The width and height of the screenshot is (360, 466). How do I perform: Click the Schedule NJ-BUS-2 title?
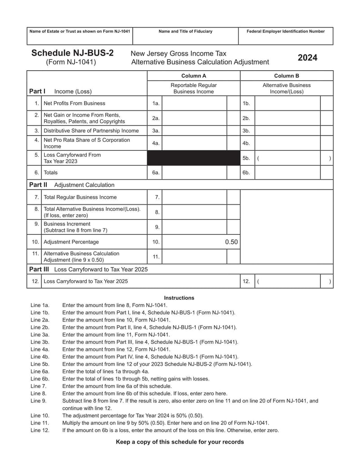[72, 53]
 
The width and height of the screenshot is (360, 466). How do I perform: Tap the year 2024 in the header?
[307, 58]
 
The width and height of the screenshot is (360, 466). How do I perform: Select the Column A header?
[193, 76]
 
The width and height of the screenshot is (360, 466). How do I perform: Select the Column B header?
[287, 76]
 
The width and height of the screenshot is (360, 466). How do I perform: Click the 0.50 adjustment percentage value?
[231, 242]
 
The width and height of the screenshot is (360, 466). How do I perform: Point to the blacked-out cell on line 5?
[193, 158]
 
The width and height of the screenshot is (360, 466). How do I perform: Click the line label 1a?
[156, 103]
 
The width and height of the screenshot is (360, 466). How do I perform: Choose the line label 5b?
[246, 158]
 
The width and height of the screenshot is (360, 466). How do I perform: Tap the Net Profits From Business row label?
[74, 103]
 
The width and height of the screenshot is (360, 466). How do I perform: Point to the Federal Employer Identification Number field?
[285, 36]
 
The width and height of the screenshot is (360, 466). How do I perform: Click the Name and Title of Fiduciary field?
[185, 36]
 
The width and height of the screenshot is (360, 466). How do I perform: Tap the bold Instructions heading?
[179, 298]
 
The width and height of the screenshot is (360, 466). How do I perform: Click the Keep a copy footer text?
[180, 442]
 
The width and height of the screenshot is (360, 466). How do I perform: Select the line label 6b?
[246, 172]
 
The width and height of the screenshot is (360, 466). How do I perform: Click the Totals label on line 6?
[50, 172]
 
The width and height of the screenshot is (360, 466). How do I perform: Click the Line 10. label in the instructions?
[40, 416]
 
